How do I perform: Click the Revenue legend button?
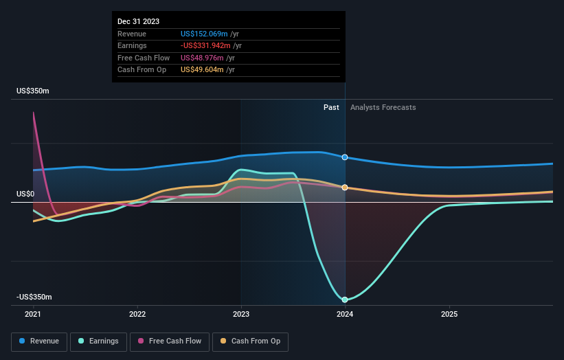pyautogui.click(x=40, y=341)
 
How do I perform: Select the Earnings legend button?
pyautogui.click(x=98, y=341)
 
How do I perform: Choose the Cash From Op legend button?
pyautogui.click(x=249, y=341)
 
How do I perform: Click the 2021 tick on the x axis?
pyautogui.click(x=33, y=314)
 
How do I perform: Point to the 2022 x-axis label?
pyautogui.click(x=137, y=314)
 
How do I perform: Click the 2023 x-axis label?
pyautogui.click(x=241, y=314)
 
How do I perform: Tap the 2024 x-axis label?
pyautogui.click(x=345, y=314)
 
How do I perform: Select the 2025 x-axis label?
pyautogui.click(x=449, y=314)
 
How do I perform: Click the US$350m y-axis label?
pyautogui.click(x=34, y=91)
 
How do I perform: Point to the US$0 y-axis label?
pyautogui.click(x=25, y=194)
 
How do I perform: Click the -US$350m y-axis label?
pyautogui.click(x=34, y=297)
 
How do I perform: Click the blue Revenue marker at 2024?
pyautogui.click(x=345, y=157)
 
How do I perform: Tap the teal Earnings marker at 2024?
pyautogui.click(x=345, y=300)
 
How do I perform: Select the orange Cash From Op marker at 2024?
pyautogui.click(x=345, y=187)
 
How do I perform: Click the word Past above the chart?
pyautogui.click(x=331, y=107)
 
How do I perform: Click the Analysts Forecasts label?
pyautogui.click(x=383, y=107)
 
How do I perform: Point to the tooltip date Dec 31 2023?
pyautogui.click(x=138, y=21)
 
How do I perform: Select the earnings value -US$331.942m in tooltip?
pyautogui.click(x=206, y=45)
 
